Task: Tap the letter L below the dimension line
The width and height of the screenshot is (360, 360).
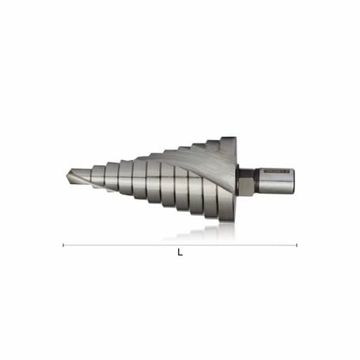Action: [x=180, y=253]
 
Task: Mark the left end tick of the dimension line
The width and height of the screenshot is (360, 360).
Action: [x=63, y=244]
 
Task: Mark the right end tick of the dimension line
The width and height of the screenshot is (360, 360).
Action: [x=297, y=244]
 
